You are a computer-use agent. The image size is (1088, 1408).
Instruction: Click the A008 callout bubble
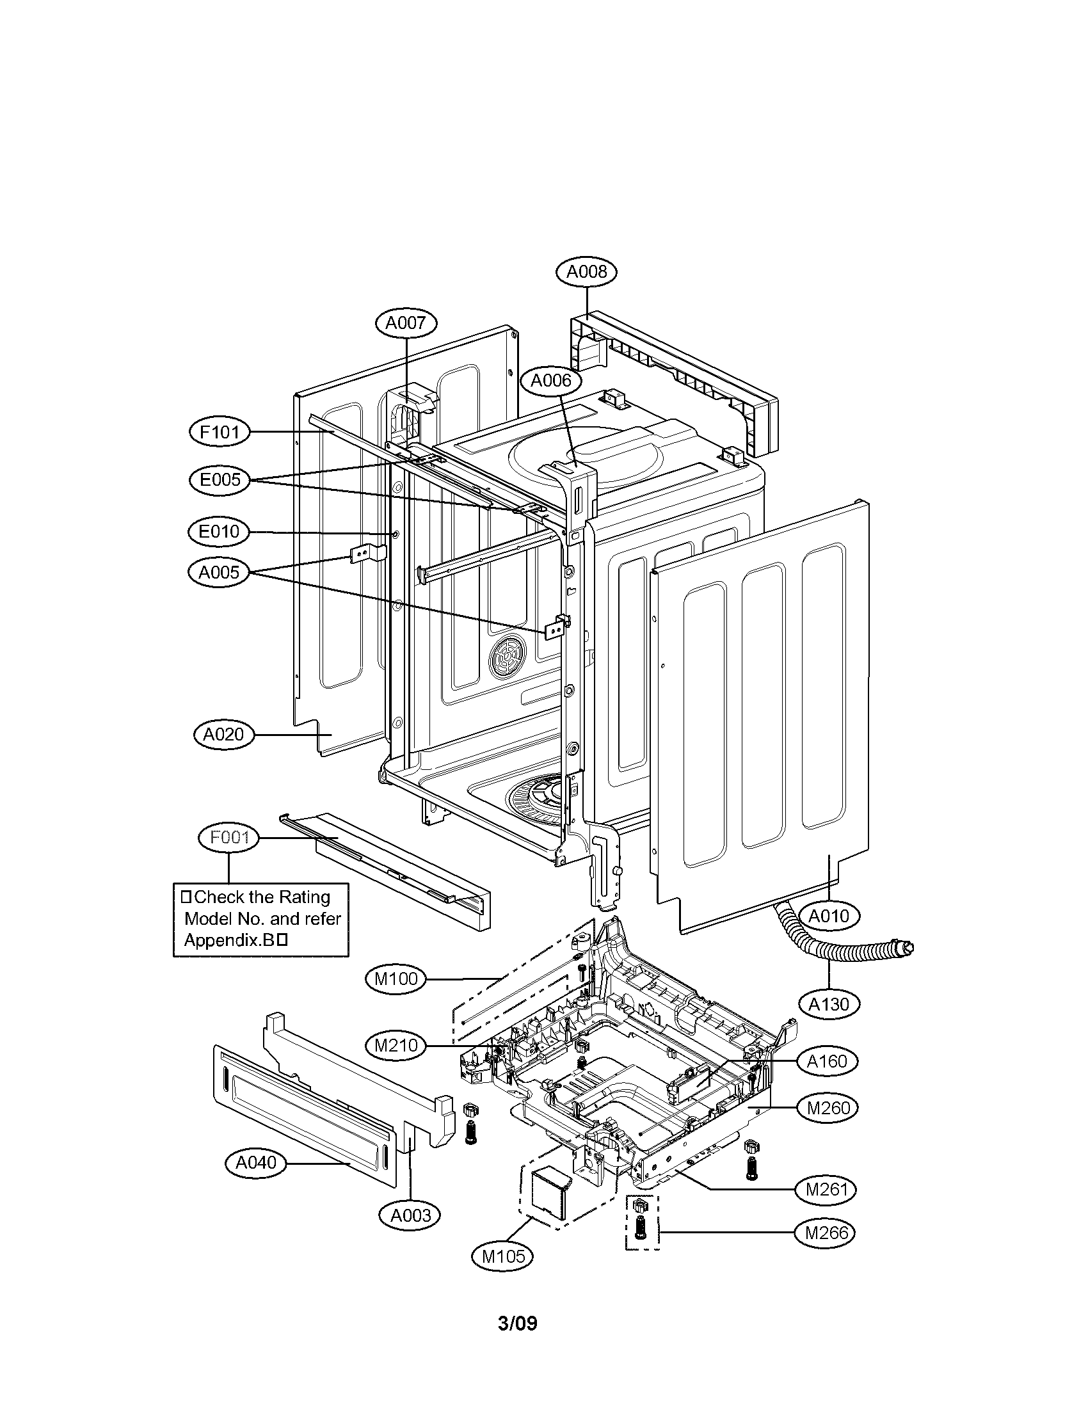click(x=586, y=272)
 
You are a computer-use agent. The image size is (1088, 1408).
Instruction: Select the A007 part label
click(x=406, y=323)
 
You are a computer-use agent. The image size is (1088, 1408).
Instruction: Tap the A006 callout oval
click(x=551, y=381)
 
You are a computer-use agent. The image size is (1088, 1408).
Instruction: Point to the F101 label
click(x=220, y=432)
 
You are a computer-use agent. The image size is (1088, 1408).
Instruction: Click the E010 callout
click(x=219, y=532)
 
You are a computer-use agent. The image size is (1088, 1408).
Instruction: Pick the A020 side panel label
click(x=223, y=734)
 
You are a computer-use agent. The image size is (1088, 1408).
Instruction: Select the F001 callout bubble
click(x=229, y=838)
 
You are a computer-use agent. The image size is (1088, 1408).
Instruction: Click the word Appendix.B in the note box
click(x=230, y=941)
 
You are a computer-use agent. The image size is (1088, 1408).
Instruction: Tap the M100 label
click(x=396, y=979)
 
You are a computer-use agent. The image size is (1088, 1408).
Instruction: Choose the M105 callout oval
click(x=504, y=1256)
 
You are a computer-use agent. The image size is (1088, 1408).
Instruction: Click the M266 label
click(x=828, y=1233)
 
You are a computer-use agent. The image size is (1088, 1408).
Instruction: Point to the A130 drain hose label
click(x=829, y=1004)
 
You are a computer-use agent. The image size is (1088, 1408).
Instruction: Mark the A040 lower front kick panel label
click(x=257, y=1162)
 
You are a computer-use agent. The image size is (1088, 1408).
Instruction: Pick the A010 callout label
click(x=829, y=916)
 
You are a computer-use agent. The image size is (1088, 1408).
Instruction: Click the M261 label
click(x=827, y=1189)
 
